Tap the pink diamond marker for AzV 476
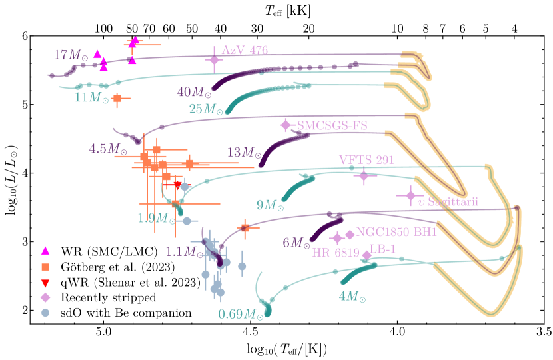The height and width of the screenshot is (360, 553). pyautogui.click(x=214, y=60)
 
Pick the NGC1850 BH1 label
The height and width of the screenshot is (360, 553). pyautogui.click(x=396, y=232)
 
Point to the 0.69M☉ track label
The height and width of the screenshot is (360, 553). pyautogui.click(x=240, y=313)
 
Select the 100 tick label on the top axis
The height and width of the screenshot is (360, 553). pyautogui.click(x=103, y=29)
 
